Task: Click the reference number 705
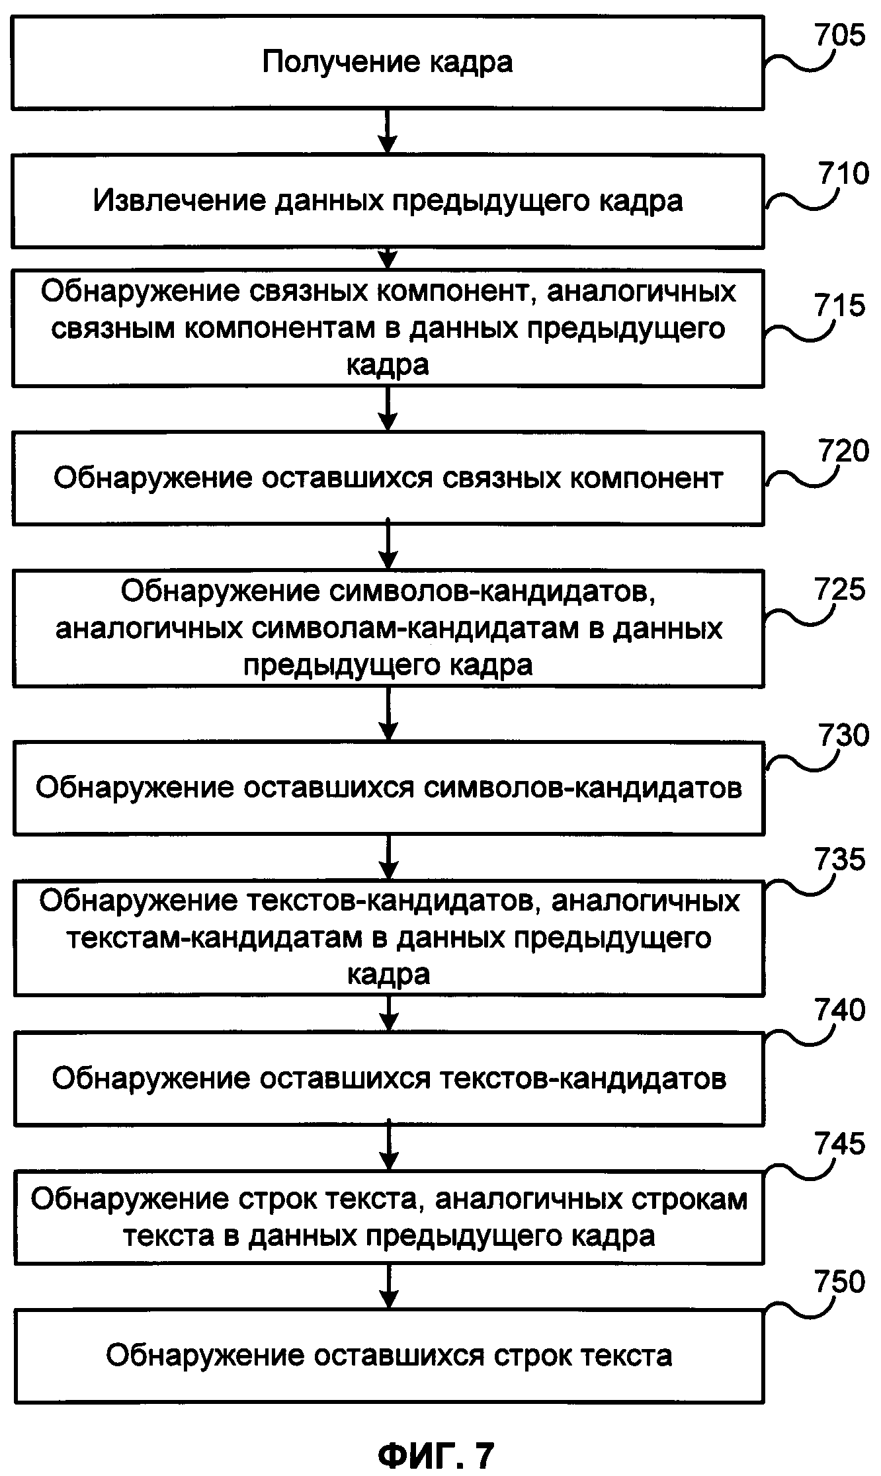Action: tap(839, 34)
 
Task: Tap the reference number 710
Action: tap(843, 173)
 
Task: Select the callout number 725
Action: tap(839, 589)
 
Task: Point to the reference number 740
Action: tap(839, 1010)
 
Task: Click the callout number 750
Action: tap(839, 1282)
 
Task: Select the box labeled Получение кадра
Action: tap(388, 63)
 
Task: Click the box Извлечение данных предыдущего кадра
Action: tap(388, 201)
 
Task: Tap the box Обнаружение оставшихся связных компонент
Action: tap(388, 478)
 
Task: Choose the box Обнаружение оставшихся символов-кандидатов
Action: tap(388, 788)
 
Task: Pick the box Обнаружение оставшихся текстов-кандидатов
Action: tap(388, 1079)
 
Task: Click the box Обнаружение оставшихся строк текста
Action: tap(388, 1356)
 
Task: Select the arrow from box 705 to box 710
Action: tap(388, 132)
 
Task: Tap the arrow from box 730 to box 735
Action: tap(388, 857)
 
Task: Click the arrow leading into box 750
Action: tap(388, 1287)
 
